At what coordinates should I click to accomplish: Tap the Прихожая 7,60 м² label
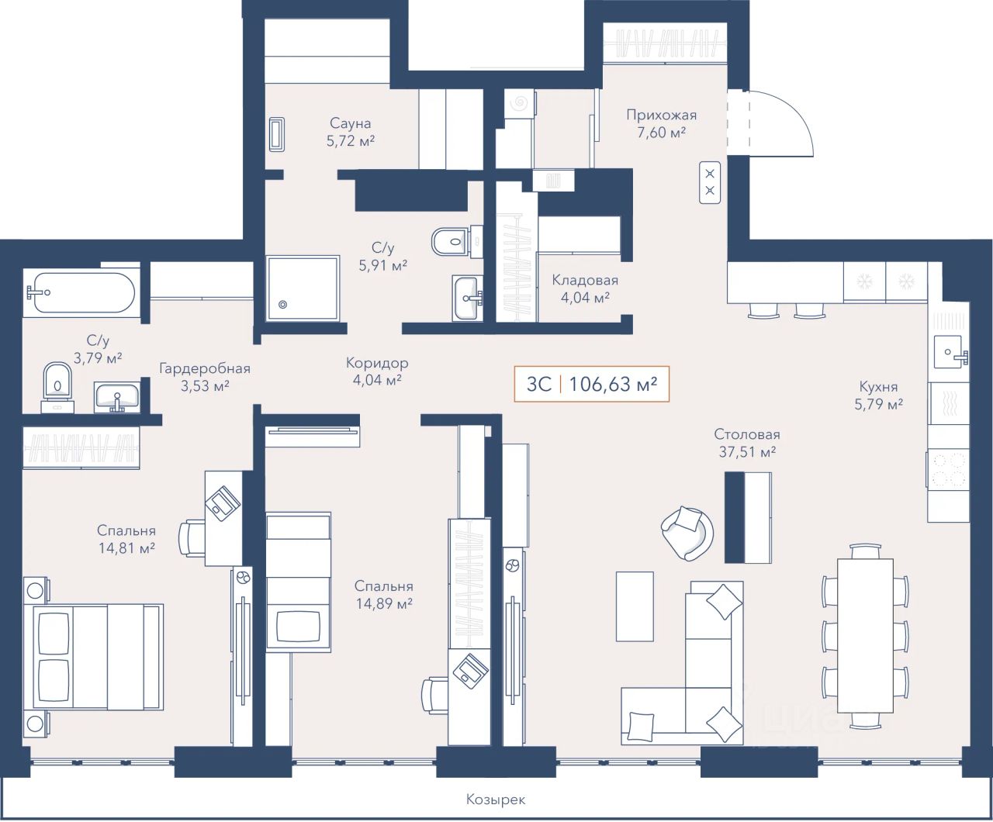click(661, 123)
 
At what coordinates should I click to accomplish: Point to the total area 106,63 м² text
click(614, 384)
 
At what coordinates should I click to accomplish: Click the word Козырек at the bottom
click(496, 800)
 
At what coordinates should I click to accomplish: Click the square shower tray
click(303, 288)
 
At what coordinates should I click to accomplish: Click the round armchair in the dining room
click(687, 533)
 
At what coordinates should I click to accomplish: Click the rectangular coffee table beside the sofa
click(635, 606)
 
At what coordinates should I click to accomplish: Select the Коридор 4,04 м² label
click(377, 371)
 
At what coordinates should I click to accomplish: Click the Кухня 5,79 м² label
click(878, 395)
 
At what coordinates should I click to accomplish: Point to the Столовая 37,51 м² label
click(746, 443)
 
